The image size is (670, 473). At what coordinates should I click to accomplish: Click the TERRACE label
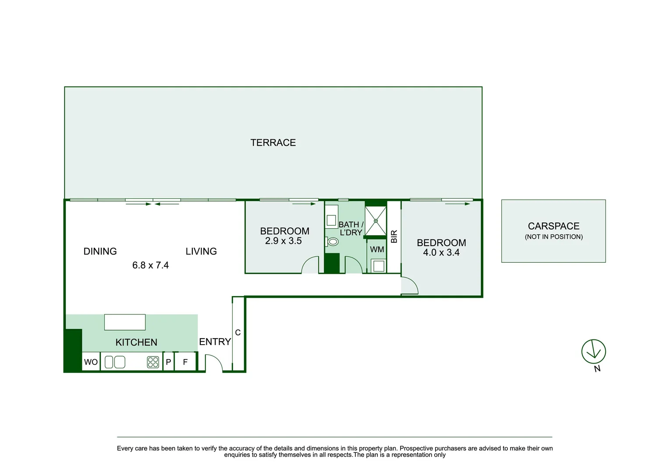tap(273, 143)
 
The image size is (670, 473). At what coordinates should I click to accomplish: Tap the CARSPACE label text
tap(553, 226)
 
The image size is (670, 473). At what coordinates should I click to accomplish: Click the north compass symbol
tap(593, 352)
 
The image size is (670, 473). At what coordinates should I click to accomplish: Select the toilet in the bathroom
tap(333, 242)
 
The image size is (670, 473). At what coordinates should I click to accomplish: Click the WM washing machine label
tap(377, 250)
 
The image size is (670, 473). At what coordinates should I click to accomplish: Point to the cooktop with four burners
tap(153, 362)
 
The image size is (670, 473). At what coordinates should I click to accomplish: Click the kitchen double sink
tap(115, 362)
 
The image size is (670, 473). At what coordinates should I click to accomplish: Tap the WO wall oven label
tap(91, 362)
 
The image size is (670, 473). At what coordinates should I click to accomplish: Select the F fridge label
tap(185, 362)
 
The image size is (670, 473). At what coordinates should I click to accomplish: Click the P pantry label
tap(168, 362)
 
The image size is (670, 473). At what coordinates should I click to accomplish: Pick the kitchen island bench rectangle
tap(125, 322)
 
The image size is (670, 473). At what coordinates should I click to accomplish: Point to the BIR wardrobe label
tap(394, 236)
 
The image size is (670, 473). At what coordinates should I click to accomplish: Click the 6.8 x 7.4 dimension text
tap(150, 265)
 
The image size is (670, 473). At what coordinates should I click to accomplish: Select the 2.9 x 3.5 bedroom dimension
tap(284, 241)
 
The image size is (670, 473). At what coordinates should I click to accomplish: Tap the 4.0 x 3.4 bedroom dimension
tap(441, 253)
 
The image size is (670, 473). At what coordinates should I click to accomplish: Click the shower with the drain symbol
tap(376, 221)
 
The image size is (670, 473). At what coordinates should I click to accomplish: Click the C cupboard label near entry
tap(238, 333)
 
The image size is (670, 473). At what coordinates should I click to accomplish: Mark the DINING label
tap(100, 251)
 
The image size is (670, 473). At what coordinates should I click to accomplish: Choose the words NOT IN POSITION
tap(554, 237)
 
